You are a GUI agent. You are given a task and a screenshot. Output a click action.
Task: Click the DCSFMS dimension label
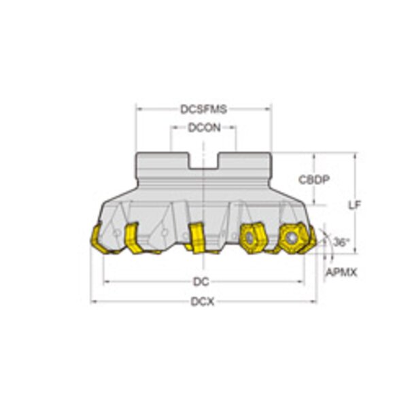pos(204,109)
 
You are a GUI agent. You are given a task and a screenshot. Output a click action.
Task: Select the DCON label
pos(204,128)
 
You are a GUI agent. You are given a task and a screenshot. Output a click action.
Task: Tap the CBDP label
pos(313,180)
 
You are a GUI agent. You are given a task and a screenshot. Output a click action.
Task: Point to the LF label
pos(355,205)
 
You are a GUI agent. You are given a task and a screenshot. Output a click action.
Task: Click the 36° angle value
pos(341,243)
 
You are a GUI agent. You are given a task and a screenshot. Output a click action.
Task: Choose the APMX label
pos(341,273)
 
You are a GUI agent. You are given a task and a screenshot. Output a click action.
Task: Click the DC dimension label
pos(201,282)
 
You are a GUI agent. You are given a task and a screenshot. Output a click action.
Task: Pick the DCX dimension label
pos(203,302)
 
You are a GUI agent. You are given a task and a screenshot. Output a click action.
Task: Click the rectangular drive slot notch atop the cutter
pos(204,161)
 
